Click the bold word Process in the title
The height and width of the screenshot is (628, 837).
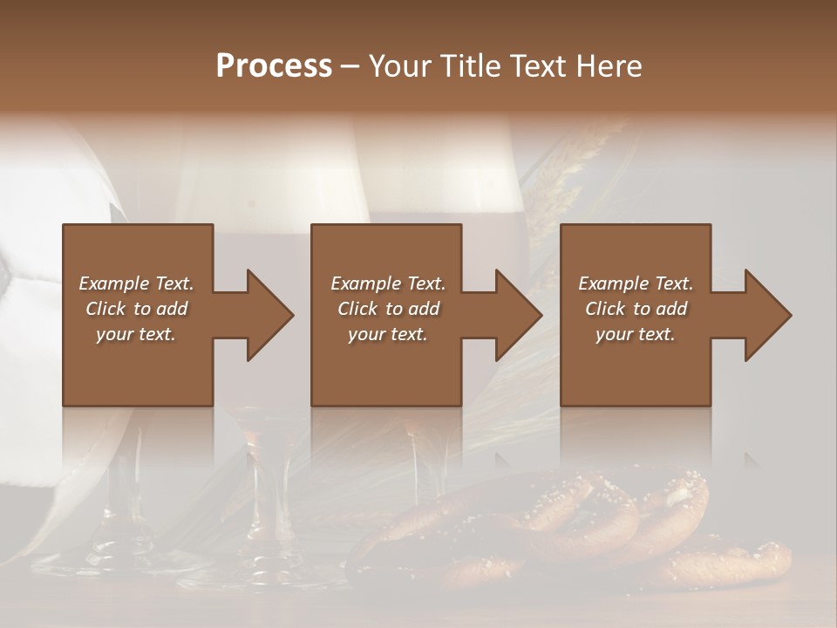[274, 66]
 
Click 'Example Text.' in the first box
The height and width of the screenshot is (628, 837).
[136, 283]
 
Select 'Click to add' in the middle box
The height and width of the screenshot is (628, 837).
[388, 309]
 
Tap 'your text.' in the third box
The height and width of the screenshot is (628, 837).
[636, 334]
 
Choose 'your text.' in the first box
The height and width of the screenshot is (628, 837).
[136, 334]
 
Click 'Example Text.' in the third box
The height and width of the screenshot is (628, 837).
[636, 283]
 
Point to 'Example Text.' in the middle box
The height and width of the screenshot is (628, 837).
[388, 283]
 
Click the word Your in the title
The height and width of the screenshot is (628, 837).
[401, 66]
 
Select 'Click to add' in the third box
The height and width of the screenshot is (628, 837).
[636, 309]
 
